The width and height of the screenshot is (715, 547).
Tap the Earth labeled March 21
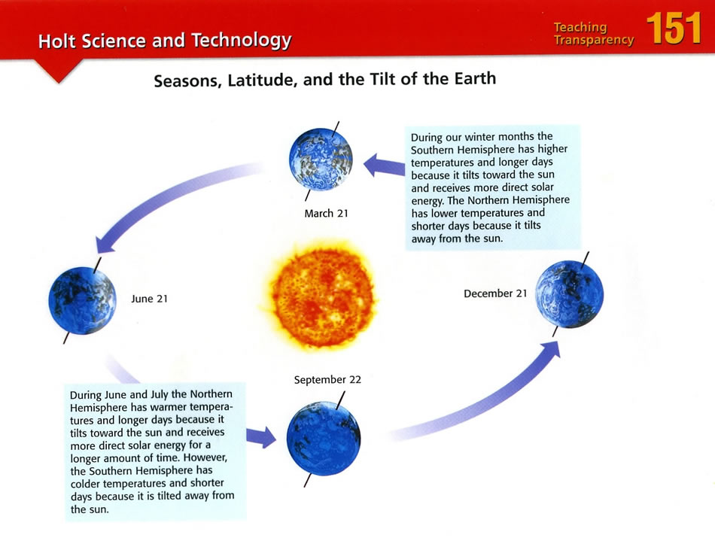(x=321, y=160)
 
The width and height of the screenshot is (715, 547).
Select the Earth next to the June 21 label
(x=83, y=301)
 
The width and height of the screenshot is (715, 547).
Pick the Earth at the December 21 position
(x=570, y=294)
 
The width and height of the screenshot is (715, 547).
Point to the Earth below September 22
(x=324, y=439)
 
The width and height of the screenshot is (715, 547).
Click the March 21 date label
(x=326, y=214)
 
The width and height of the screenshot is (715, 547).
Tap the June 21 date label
(x=150, y=299)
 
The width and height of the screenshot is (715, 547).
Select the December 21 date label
(x=495, y=293)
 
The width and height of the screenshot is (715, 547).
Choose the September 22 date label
(x=327, y=380)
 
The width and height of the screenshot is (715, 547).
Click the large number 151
(x=674, y=29)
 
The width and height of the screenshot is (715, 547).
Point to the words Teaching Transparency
(x=594, y=34)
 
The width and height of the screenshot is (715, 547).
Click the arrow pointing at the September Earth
(x=261, y=438)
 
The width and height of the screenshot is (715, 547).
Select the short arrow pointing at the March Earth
(x=384, y=165)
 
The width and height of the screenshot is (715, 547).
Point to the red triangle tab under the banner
(x=59, y=70)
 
